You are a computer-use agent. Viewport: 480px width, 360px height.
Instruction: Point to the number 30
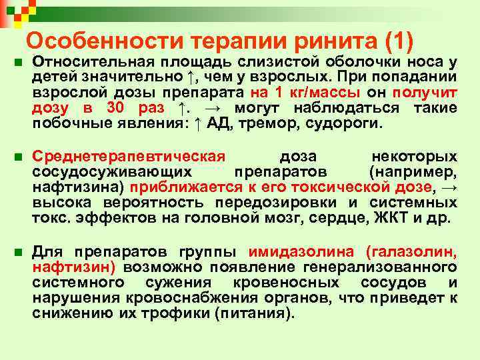point(116,108)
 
